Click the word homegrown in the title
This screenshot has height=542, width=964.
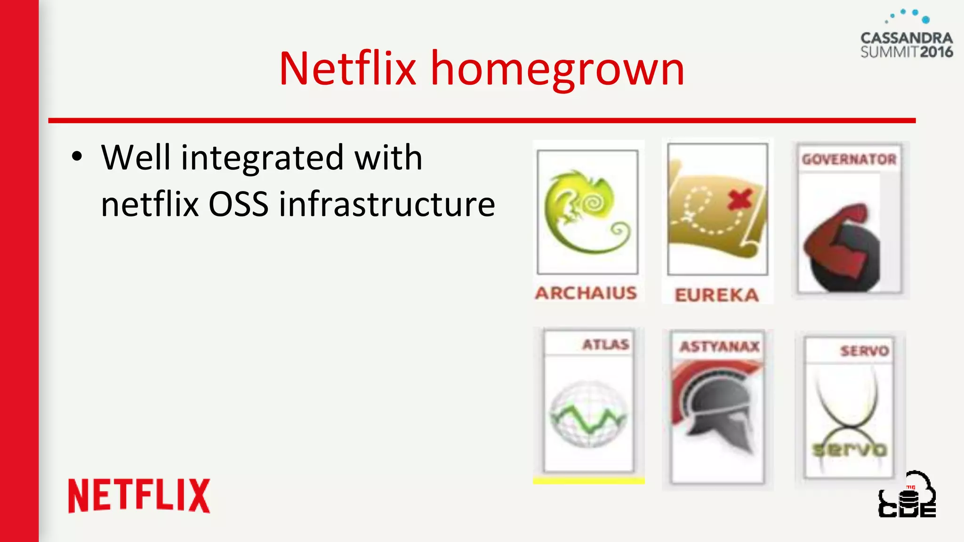557,70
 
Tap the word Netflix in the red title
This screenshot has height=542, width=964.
347,70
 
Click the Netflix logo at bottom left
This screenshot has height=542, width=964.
139,495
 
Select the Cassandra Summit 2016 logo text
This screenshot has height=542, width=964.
907,45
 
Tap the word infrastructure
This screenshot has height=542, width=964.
387,205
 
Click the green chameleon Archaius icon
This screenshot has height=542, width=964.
586,212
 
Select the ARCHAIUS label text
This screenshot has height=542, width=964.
586,293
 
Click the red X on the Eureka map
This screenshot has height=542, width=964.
739,199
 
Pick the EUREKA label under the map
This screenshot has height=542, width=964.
717,295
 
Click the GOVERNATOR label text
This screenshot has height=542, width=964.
849,159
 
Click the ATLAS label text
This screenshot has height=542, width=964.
605,344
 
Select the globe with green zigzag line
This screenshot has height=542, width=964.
588,414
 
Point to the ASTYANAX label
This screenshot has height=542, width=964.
719,347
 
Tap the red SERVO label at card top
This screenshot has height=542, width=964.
864,351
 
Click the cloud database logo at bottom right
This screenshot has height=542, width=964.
907,495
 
